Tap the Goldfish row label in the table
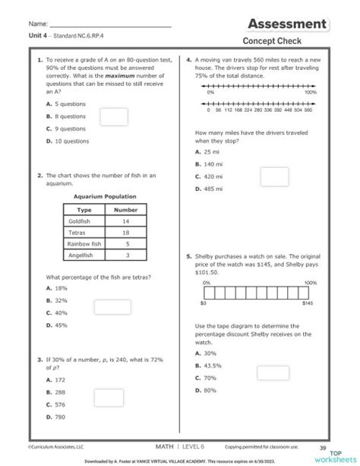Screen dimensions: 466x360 click(80, 221)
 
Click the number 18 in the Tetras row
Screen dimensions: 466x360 click(126, 233)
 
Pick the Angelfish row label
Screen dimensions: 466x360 click(80, 255)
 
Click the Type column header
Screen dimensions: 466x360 click(84, 209)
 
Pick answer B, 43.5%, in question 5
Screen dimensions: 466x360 click(210, 366)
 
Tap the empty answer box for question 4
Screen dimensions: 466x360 click(273, 176)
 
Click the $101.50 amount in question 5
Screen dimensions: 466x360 click(207, 271)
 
